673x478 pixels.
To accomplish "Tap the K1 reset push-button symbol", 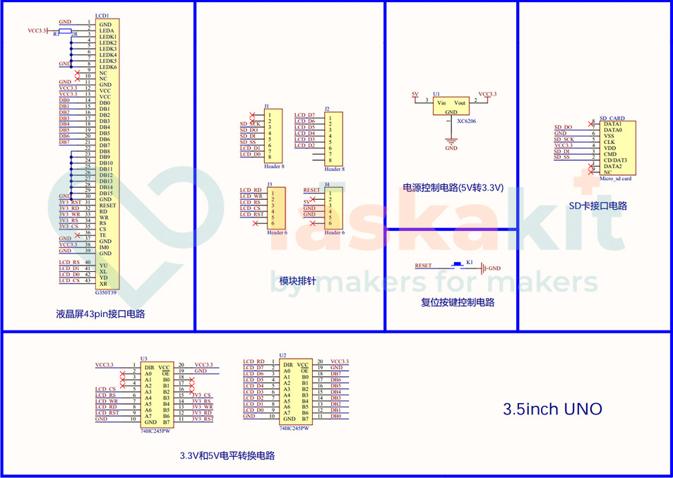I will click(x=458, y=266).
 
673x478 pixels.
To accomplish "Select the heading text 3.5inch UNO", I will click(x=552, y=409).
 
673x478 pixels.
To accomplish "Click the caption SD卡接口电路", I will click(x=597, y=206).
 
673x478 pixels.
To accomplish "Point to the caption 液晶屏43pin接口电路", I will click(x=100, y=313).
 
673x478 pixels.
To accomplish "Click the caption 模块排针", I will click(x=297, y=281).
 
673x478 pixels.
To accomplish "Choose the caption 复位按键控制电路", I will click(x=457, y=302).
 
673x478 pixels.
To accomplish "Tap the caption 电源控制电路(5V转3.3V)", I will click(x=453, y=188).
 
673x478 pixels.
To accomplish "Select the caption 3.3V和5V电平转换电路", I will click(x=227, y=455).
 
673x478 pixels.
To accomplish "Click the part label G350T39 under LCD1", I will click(x=107, y=292).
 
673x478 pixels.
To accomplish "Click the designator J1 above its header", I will click(x=266, y=106).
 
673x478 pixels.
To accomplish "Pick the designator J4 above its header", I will click(x=327, y=184).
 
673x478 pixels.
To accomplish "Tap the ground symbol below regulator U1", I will click(x=451, y=141).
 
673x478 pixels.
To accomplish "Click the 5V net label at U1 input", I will click(x=415, y=94).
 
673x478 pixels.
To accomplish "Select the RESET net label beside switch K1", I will click(x=423, y=265).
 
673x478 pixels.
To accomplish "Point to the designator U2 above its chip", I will click(x=282, y=355).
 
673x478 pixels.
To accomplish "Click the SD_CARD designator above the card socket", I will click(x=612, y=118).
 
